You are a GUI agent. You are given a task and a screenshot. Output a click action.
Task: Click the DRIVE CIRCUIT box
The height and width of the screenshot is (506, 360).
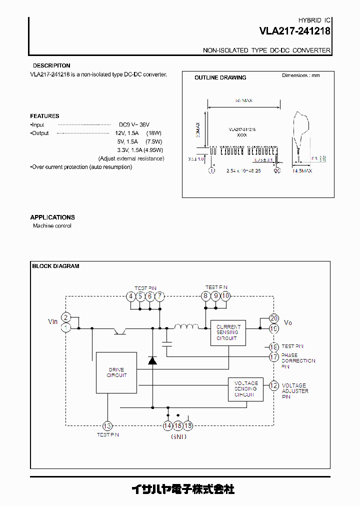pos(116,372)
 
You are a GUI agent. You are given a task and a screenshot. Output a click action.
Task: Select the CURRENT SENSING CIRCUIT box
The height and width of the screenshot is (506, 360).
pos(228,332)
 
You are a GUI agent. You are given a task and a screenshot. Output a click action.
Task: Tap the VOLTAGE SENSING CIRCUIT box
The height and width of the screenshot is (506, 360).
pos(245,388)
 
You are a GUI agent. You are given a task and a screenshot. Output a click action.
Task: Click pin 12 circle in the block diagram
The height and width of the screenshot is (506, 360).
pos(273,385)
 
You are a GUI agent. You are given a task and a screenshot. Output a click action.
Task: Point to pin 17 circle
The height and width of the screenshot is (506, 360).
pos(273,357)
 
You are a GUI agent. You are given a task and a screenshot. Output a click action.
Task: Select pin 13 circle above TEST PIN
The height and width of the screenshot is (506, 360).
pos(107,425)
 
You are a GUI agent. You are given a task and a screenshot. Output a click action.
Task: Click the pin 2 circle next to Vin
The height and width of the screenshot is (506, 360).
pos(66,317)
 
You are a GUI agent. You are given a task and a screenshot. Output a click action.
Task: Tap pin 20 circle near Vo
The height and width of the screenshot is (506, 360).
pos(273,318)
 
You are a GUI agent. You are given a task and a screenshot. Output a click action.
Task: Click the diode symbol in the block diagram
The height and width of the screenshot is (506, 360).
pos(152,360)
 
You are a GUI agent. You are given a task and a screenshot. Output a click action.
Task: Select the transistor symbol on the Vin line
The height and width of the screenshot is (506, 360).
pos(120,330)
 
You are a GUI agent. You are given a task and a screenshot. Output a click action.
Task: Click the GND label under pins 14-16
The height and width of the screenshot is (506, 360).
pos(178,436)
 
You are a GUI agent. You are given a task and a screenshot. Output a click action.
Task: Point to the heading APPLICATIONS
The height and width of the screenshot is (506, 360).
pos(52,217)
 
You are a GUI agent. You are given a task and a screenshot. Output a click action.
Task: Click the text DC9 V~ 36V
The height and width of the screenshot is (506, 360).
pos(134,124)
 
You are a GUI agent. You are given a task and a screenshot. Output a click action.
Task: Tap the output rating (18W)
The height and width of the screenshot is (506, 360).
pos(153,133)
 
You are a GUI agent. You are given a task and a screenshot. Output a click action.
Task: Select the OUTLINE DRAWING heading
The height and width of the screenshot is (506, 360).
pos(220,77)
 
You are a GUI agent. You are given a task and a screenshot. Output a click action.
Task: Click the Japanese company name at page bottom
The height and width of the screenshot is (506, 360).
pos(182,489)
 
